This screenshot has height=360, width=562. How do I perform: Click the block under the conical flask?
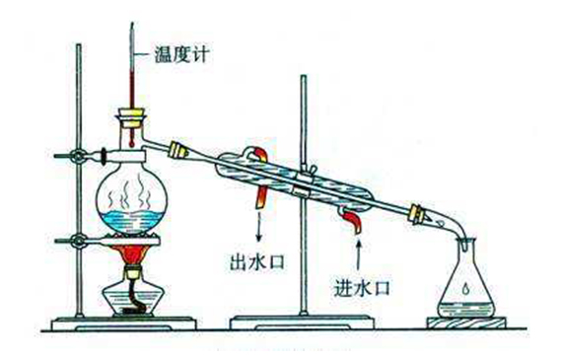pos(465,321)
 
